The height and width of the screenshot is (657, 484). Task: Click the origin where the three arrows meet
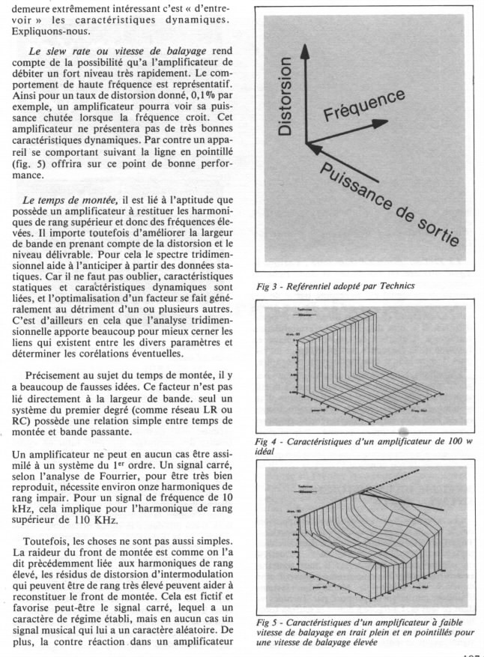point(306,142)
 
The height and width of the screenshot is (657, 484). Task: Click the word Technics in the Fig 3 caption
point(393,285)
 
